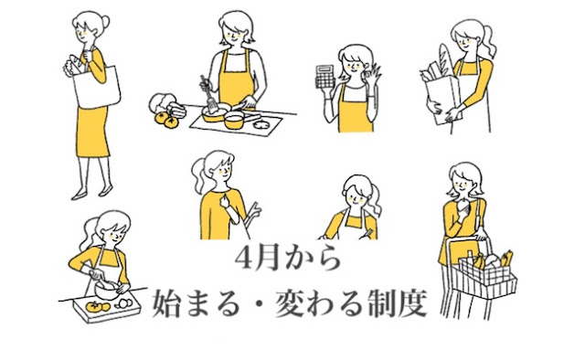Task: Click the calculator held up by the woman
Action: [x=324, y=78]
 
